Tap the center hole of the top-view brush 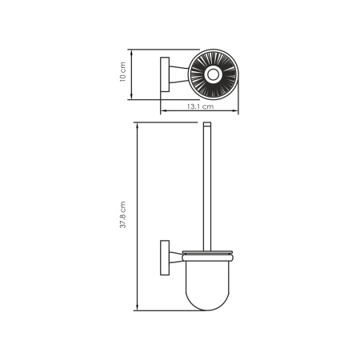click(213, 76)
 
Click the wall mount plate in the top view click(165, 76)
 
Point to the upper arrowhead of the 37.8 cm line click(137, 126)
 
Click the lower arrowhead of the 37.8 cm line click(137, 309)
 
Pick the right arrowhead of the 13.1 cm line click(237, 111)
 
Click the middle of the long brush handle click(209, 188)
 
